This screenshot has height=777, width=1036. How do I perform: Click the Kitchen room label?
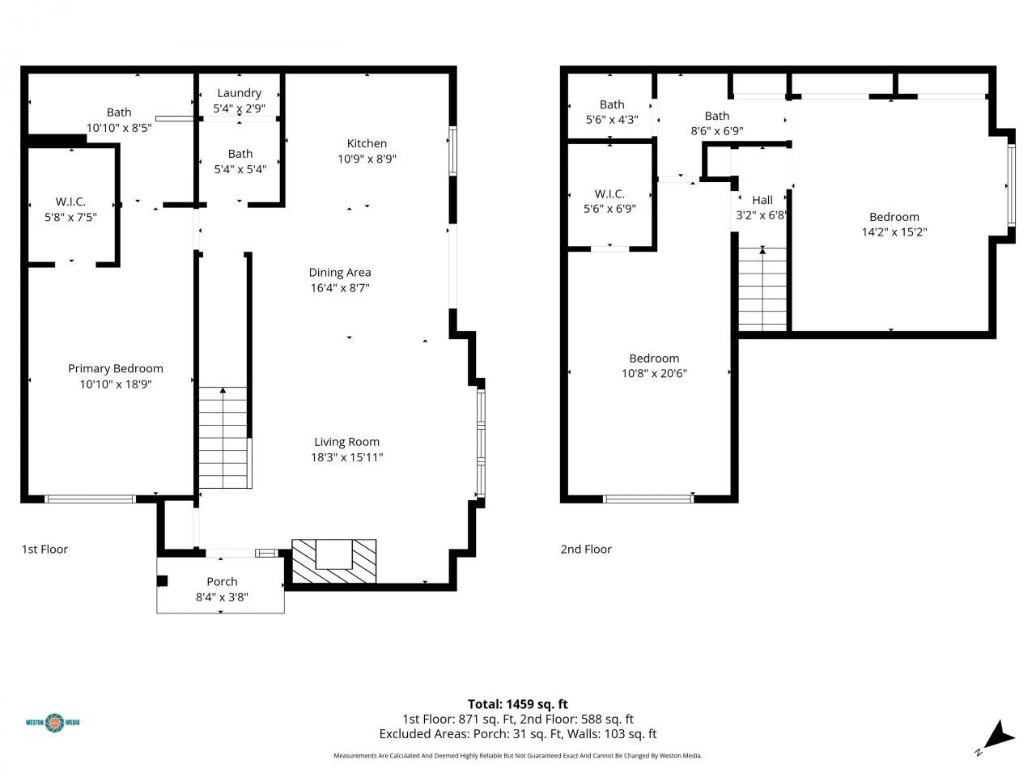coord(367,143)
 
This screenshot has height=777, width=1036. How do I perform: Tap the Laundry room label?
coord(239,93)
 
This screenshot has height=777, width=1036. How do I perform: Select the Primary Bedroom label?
coord(115,368)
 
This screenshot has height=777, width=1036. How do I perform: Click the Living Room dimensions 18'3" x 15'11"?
coord(346,457)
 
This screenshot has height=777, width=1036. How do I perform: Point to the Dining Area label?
coord(339,272)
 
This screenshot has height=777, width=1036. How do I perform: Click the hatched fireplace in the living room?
coord(333,561)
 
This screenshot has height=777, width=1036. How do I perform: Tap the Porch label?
coord(222,581)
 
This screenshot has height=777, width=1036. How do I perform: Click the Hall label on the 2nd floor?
coord(762,200)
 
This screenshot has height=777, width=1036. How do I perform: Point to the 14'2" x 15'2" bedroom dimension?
coord(894,231)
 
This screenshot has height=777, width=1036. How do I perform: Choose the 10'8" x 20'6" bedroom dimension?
coord(654,373)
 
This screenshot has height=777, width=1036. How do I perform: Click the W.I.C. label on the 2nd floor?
coord(609,193)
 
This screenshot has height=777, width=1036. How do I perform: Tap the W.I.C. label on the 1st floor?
coord(70,201)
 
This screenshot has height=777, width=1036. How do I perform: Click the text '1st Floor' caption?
coord(45,549)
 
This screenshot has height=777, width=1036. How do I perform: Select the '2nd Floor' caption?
coord(586,549)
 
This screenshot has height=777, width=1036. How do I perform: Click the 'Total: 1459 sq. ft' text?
coord(517,704)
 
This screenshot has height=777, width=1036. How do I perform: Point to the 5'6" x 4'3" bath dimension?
coord(612,119)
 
